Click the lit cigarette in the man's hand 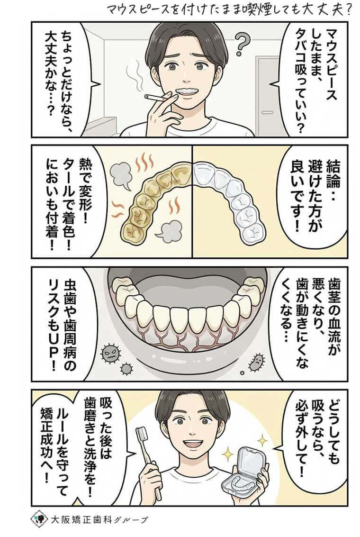156,98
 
